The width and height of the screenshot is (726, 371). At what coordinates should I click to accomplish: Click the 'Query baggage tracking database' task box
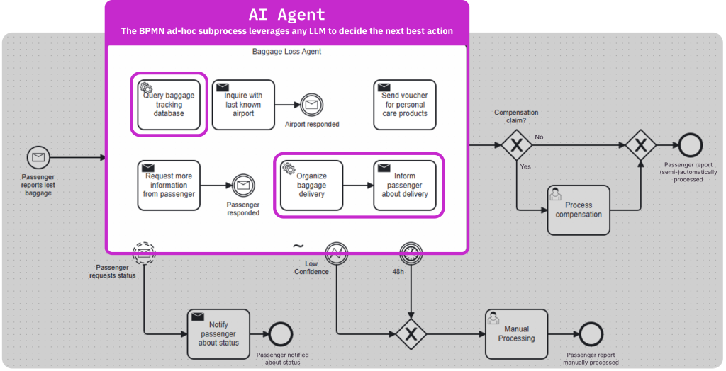point(169,105)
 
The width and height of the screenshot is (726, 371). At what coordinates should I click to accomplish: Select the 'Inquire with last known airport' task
point(243,105)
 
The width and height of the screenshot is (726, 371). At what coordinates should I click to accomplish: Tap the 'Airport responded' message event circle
point(312,105)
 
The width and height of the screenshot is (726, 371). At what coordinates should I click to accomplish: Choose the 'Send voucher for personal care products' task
point(405,105)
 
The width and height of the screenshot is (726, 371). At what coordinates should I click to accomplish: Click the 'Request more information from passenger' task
point(169,185)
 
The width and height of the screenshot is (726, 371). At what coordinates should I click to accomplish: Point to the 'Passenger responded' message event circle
point(243,185)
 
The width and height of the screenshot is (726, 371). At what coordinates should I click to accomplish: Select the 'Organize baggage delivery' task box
point(312,185)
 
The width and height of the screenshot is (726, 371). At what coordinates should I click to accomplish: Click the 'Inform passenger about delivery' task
point(405,185)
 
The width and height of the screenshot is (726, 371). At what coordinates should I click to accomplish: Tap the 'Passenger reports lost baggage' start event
point(38,158)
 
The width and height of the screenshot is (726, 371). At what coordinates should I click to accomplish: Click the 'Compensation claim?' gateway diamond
point(516,145)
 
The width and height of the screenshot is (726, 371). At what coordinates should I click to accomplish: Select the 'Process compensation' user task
point(579,210)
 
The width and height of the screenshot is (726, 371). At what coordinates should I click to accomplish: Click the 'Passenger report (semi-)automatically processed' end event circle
point(691,145)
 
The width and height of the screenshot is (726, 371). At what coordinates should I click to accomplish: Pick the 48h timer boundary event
point(411,253)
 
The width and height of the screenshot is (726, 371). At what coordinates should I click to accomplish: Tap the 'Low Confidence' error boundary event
point(337,253)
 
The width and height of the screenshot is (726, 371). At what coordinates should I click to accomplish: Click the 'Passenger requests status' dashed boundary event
point(144,253)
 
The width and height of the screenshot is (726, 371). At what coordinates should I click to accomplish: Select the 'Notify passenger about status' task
point(218,333)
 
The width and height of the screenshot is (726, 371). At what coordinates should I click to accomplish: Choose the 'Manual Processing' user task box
point(516,333)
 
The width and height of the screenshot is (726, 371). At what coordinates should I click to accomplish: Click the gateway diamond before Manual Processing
point(411,334)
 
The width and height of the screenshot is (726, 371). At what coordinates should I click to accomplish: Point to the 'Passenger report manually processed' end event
point(591,334)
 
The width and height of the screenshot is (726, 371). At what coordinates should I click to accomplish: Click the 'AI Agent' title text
point(287,14)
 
